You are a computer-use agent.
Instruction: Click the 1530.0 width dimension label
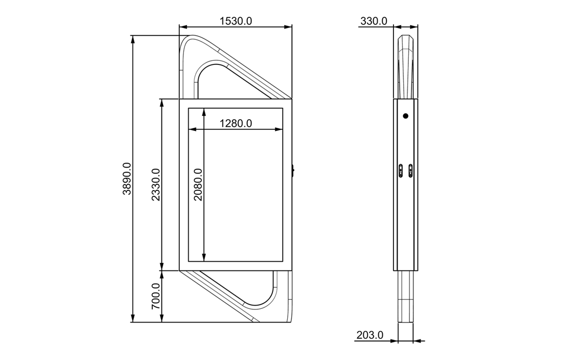tap(236, 21)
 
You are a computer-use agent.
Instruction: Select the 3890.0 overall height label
tap(127, 178)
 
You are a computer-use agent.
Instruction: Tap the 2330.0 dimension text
tap(156, 185)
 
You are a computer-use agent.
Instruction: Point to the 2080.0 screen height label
tap(198, 185)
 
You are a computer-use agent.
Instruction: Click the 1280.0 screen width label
tap(236, 123)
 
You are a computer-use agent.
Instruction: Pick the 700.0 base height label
tap(156, 296)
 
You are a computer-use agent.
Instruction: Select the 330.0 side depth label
tap(374, 21)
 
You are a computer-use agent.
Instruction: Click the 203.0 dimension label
tap(370, 335)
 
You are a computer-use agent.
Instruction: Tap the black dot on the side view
tap(405, 116)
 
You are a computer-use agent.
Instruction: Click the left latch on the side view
tap(401, 171)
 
